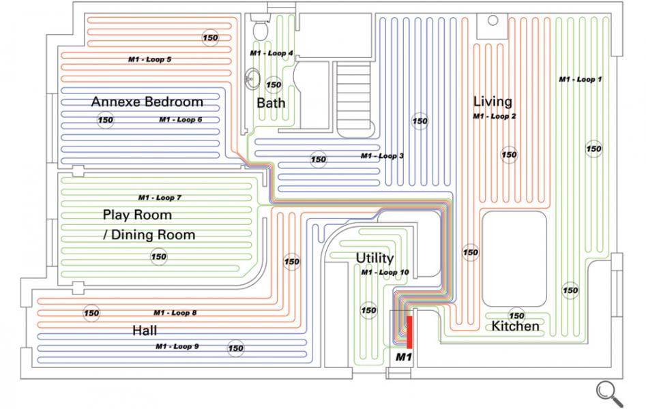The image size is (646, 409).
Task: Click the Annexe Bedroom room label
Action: point(147,102)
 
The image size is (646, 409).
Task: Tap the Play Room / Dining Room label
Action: point(149,225)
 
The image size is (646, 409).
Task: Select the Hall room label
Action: point(145,331)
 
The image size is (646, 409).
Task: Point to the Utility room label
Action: point(375,258)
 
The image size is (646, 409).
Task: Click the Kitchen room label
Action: point(515,327)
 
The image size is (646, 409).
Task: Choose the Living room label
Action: point(493,102)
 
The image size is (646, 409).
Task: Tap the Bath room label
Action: point(271,103)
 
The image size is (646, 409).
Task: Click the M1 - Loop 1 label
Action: point(580,80)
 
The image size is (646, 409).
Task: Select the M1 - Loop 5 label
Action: point(149,59)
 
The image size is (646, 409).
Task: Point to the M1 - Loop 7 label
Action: point(160,198)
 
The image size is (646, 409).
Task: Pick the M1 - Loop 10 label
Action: point(385,273)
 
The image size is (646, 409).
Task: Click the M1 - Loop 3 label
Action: point(382,156)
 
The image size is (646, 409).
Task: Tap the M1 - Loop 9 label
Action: point(177,346)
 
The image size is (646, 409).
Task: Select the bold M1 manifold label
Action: point(404,357)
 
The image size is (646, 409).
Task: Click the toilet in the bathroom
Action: point(259,27)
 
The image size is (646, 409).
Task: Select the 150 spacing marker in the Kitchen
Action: point(516,316)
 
